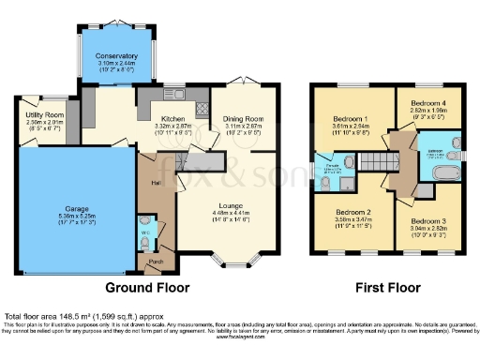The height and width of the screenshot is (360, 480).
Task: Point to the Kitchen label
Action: pos(172,119)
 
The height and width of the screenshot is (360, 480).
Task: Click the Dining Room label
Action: pos(243,119)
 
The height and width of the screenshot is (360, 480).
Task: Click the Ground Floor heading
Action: pos(147,287)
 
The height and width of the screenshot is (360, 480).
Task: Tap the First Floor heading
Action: pos(384,287)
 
